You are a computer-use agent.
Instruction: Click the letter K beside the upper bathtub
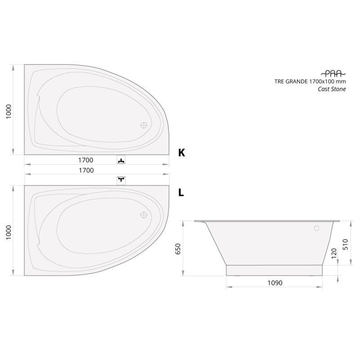181,153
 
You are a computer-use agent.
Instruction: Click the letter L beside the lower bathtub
181,193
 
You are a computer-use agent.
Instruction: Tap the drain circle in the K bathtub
144,125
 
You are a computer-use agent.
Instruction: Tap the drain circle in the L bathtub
144,215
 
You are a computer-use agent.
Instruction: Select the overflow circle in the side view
317,228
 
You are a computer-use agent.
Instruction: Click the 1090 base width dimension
275,283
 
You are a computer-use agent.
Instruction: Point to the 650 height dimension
178,249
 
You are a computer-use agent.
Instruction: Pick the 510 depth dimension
346,244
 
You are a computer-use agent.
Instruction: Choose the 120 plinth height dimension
334,253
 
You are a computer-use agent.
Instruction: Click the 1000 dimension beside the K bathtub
8,111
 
